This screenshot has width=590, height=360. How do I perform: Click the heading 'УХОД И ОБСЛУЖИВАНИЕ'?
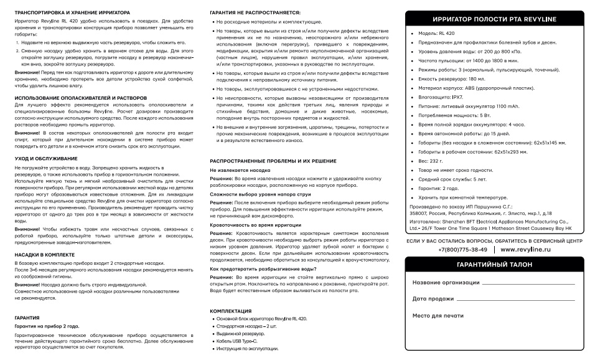pos(41,159)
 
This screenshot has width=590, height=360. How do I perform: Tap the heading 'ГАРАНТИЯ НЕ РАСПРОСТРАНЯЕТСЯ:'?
pos(246,12)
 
